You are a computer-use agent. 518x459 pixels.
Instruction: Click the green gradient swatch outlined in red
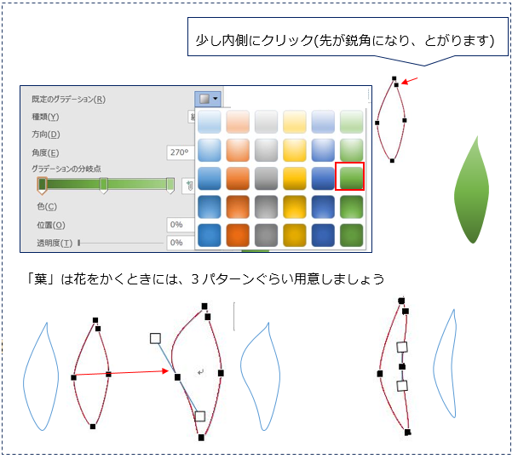coord(349,176)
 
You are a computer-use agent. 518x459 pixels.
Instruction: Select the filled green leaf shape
coord(472,190)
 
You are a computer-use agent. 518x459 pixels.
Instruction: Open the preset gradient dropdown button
coord(208,99)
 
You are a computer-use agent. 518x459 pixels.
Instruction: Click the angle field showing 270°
coord(181,152)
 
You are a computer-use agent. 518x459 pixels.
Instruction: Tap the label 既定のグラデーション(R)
coord(68,99)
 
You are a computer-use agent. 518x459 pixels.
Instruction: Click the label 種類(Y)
coord(45,117)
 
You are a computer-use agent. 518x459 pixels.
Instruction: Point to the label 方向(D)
coord(46,135)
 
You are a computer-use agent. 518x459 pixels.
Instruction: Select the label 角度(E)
coord(45,152)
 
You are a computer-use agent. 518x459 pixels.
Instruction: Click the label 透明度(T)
coord(55,243)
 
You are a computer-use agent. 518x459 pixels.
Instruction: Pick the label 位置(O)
coord(51,225)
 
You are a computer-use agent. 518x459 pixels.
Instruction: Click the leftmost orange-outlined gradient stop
coord(42,185)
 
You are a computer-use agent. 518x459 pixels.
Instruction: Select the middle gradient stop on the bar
coord(103,185)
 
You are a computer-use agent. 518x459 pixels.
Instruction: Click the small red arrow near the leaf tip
coord(410,81)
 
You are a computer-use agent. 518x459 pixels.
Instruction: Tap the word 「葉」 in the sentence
coord(40,279)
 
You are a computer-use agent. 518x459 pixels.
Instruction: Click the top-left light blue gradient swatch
coord(209,122)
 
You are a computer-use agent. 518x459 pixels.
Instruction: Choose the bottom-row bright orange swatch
coord(238,235)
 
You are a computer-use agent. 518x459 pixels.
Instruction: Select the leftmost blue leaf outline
coord(41,376)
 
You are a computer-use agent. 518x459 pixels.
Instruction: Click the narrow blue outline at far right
coord(446,364)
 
